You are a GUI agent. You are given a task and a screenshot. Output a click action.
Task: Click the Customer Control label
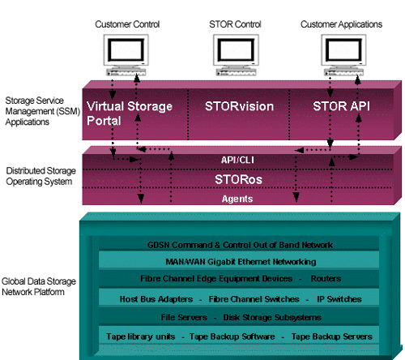pyautogui.click(x=127, y=24)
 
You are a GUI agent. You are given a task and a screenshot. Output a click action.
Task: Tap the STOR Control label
pyautogui.click(x=235, y=24)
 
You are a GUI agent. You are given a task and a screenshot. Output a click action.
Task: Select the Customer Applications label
pyautogui.click(x=341, y=24)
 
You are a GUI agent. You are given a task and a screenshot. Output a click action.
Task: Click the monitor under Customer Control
pyautogui.click(x=126, y=55)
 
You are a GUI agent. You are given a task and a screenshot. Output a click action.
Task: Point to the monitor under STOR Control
pyautogui.click(x=236, y=55)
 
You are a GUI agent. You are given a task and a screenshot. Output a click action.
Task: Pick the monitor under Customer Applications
pyautogui.click(x=343, y=55)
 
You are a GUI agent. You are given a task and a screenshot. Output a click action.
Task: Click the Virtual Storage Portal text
pyautogui.click(x=130, y=114)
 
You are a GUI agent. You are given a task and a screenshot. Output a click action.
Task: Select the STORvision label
pyautogui.click(x=239, y=106)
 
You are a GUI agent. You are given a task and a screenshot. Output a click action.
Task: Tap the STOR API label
pyautogui.click(x=341, y=106)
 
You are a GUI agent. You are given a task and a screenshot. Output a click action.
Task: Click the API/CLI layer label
pyautogui.click(x=237, y=160)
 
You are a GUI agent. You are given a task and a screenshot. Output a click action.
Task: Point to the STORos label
pyautogui.click(x=238, y=179)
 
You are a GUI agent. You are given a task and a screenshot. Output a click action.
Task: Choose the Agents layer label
pyautogui.click(x=237, y=199)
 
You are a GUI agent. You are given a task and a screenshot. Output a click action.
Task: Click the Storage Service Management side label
pyautogui.click(x=43, y=111)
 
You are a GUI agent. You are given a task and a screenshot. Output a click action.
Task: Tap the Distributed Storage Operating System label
pyautogui.click(x=40, y=176)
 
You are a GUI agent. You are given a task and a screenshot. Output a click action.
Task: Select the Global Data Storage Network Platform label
pyautogui.click(x=39, y=286)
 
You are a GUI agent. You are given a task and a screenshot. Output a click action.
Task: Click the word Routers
pyautogui.click(x=326, y=278)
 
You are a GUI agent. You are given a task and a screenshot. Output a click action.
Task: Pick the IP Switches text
pyautogui.click(x=339, y=299)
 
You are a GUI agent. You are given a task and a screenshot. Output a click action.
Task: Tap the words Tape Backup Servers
pyautogui.click(x=332, y=336)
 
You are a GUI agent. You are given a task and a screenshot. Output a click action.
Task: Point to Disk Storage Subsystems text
pyautogui.click(x=272, y=317)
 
